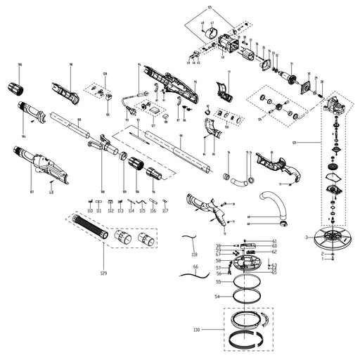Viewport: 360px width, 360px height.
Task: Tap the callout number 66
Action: tap(196, 267)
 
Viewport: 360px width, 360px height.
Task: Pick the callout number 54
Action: tap(218, 298)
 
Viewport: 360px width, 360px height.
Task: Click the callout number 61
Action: tap(274, 241)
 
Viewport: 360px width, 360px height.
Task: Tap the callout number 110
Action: tap(89, 210)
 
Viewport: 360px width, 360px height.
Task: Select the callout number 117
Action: tap(165, 210)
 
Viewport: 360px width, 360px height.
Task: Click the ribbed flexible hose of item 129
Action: tap(90, 229)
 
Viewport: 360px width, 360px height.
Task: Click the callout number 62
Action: tap(274, 251)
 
